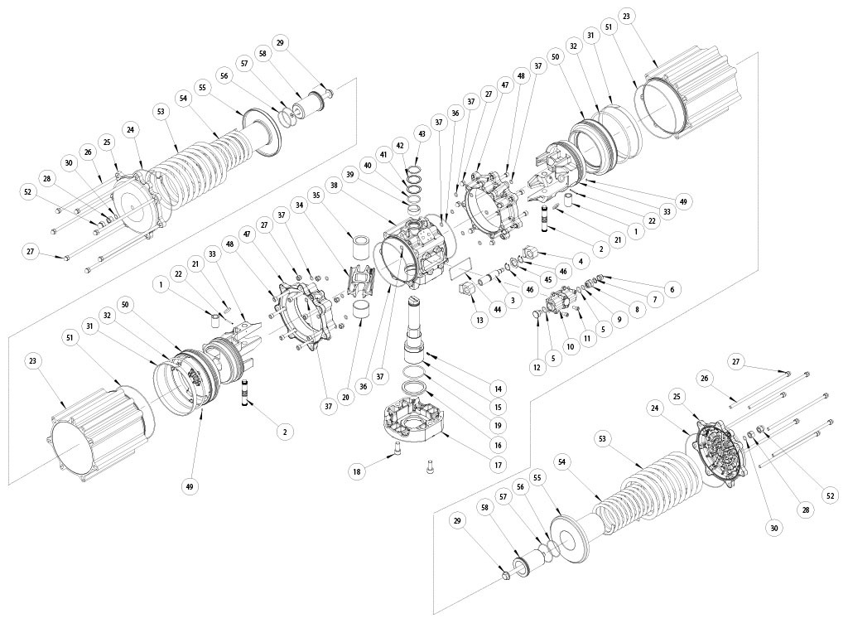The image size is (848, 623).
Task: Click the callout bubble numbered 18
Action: click(x=357, y=471)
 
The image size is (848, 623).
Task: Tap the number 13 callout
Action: click(x=479, y=319)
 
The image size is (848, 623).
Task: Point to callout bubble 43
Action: click(x=422, y=133)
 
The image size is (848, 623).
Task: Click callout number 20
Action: click(x=344, y=397)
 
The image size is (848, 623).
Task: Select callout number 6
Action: click(x=671, y=289)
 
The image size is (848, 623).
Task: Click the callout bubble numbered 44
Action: click(x=498, y=308)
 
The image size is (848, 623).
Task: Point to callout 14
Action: click(x=498, y=388)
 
